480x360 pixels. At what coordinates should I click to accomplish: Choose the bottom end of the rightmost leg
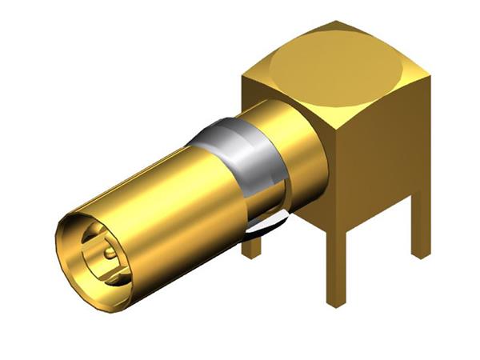[421, 254]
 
